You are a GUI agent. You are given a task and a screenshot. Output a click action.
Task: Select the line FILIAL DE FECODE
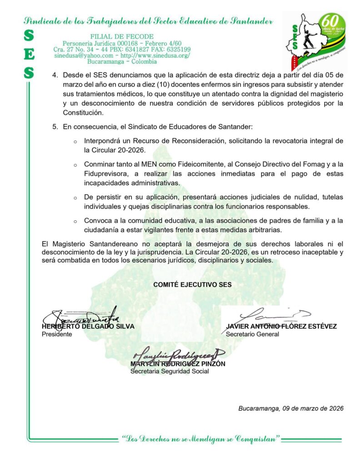pos(122,36)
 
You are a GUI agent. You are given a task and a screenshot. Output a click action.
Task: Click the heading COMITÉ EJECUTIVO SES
pos(192,285)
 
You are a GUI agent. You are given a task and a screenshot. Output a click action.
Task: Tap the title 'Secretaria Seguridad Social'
pos(170,371)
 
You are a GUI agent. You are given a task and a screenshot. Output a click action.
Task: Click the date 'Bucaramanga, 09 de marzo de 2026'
pos(291,408)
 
